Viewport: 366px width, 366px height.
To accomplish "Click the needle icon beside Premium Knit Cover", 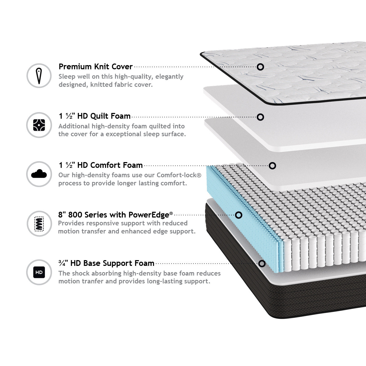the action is point(39,76).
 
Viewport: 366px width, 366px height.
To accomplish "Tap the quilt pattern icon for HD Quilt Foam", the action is point(39,125).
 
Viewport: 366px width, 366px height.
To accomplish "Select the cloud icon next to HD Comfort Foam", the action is point(39,174).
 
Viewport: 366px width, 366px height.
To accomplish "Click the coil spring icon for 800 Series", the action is point(39,224).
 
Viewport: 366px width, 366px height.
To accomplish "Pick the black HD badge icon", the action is point(39,272).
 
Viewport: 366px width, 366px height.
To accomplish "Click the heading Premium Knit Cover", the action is point(95,67).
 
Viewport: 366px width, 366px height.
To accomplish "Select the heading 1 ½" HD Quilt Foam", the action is point(95,116).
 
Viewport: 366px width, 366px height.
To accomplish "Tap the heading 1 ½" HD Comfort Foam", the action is point(101,165).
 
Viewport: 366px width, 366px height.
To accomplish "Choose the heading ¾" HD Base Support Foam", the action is point(106,263).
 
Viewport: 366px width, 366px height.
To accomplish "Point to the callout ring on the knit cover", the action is point(260,67).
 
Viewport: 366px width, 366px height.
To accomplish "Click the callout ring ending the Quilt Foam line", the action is point(260,117).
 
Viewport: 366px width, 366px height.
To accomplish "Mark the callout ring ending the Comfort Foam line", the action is point(272,166).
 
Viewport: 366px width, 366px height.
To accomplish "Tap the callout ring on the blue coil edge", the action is point(239,215).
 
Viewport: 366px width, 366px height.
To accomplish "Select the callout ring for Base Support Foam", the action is point(262,264).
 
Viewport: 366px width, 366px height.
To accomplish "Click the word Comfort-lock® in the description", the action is point(179,175).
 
